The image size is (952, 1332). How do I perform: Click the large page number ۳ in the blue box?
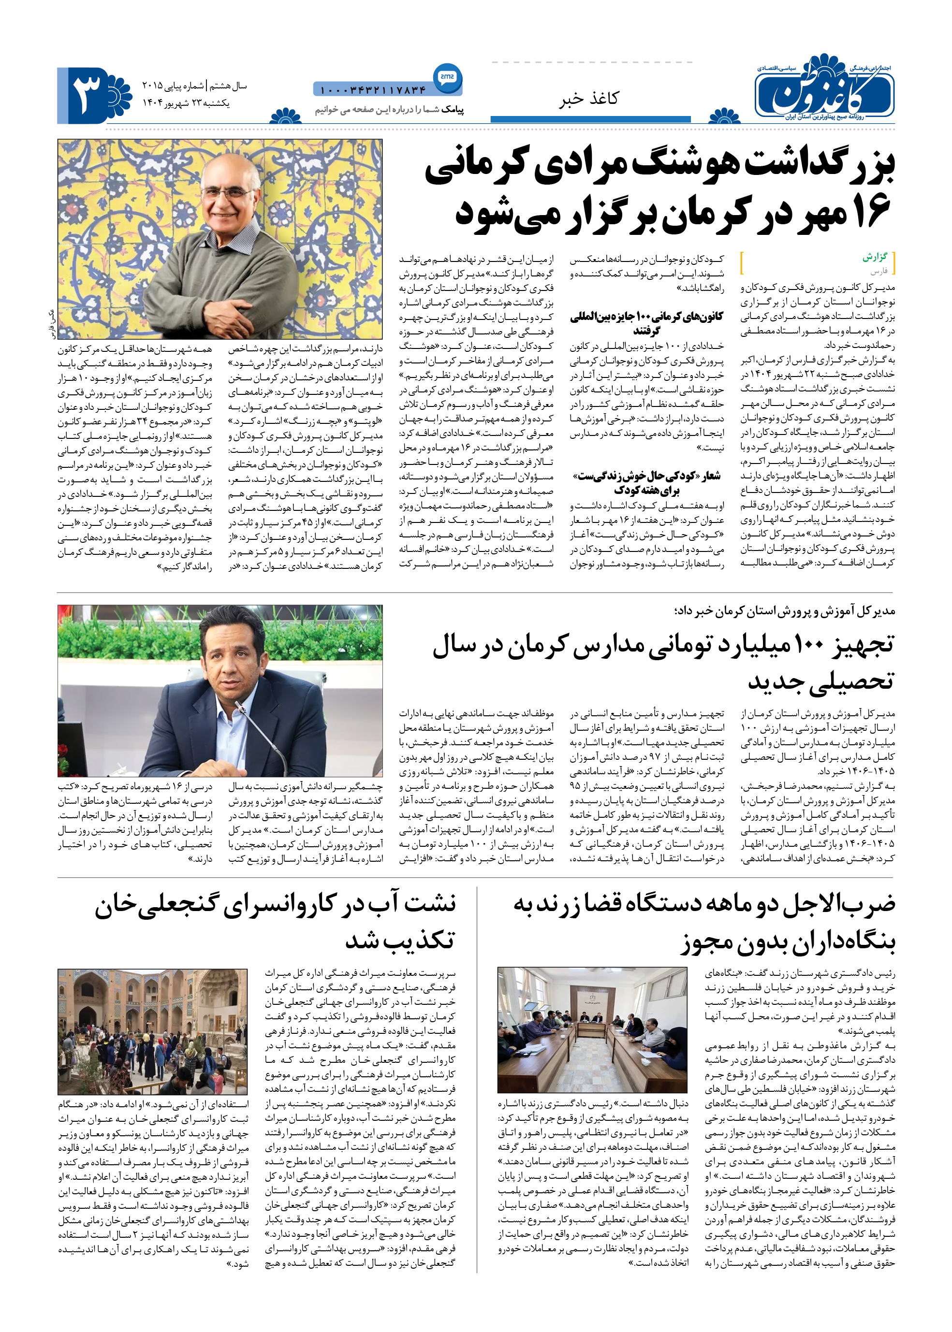point(87,95)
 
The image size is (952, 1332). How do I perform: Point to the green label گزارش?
point(875,257)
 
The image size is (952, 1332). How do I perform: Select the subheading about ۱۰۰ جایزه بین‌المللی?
point(646,323)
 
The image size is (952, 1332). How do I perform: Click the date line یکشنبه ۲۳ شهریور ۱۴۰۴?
point(186,103)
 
